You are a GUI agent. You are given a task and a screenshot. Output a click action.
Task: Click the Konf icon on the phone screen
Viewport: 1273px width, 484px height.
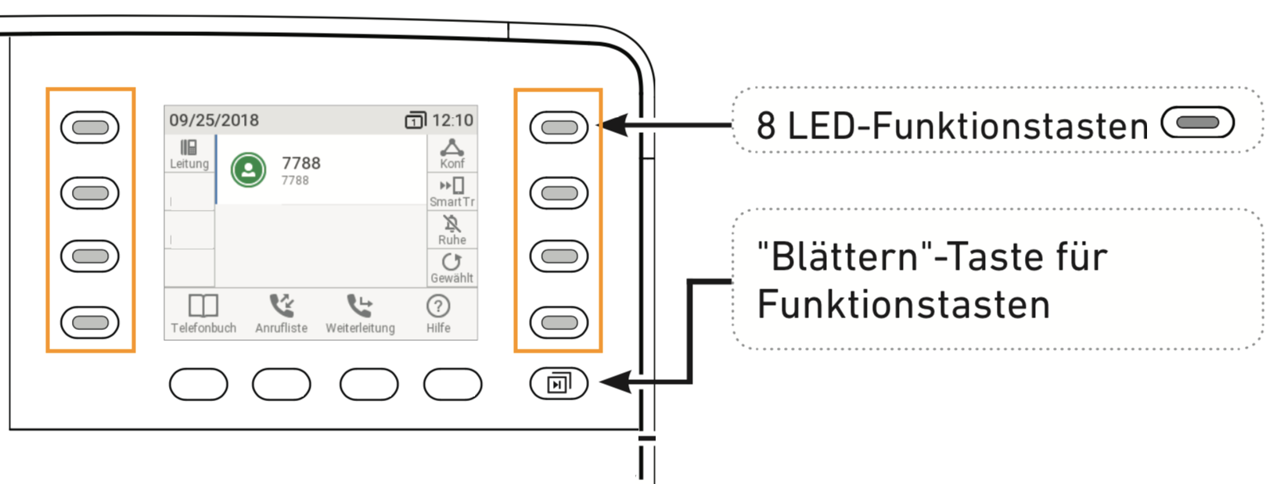451,147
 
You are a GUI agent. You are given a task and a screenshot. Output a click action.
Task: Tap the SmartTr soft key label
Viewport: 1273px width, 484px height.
451,202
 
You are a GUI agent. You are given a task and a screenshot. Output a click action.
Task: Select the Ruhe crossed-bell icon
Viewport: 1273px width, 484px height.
451,224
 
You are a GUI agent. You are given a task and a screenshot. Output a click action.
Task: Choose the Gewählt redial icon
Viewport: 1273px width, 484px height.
451,261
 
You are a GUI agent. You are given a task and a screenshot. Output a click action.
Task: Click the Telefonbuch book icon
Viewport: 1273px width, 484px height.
203,305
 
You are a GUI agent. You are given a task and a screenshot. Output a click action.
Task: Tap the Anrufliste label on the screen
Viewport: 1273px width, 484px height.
281,328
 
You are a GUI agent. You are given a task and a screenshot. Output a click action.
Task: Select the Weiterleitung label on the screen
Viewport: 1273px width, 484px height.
360,328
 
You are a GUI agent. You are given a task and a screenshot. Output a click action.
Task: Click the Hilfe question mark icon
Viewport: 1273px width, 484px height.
438,306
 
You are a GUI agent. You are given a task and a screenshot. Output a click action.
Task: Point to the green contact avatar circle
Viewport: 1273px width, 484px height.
249,170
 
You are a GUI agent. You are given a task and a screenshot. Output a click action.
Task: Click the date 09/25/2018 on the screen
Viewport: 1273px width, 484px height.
214,120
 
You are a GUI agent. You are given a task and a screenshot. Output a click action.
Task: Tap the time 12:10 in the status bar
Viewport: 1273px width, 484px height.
452,120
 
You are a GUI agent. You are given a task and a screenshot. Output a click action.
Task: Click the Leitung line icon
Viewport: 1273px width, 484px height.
189,147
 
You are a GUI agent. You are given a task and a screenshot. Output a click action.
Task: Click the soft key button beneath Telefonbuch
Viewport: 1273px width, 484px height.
199,385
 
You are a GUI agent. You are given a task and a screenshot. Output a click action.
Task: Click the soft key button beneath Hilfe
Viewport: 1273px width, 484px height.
452,385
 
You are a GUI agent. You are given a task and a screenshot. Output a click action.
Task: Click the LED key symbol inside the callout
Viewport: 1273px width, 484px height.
1197,123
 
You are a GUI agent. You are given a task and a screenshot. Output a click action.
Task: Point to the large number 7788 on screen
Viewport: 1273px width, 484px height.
301,163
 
